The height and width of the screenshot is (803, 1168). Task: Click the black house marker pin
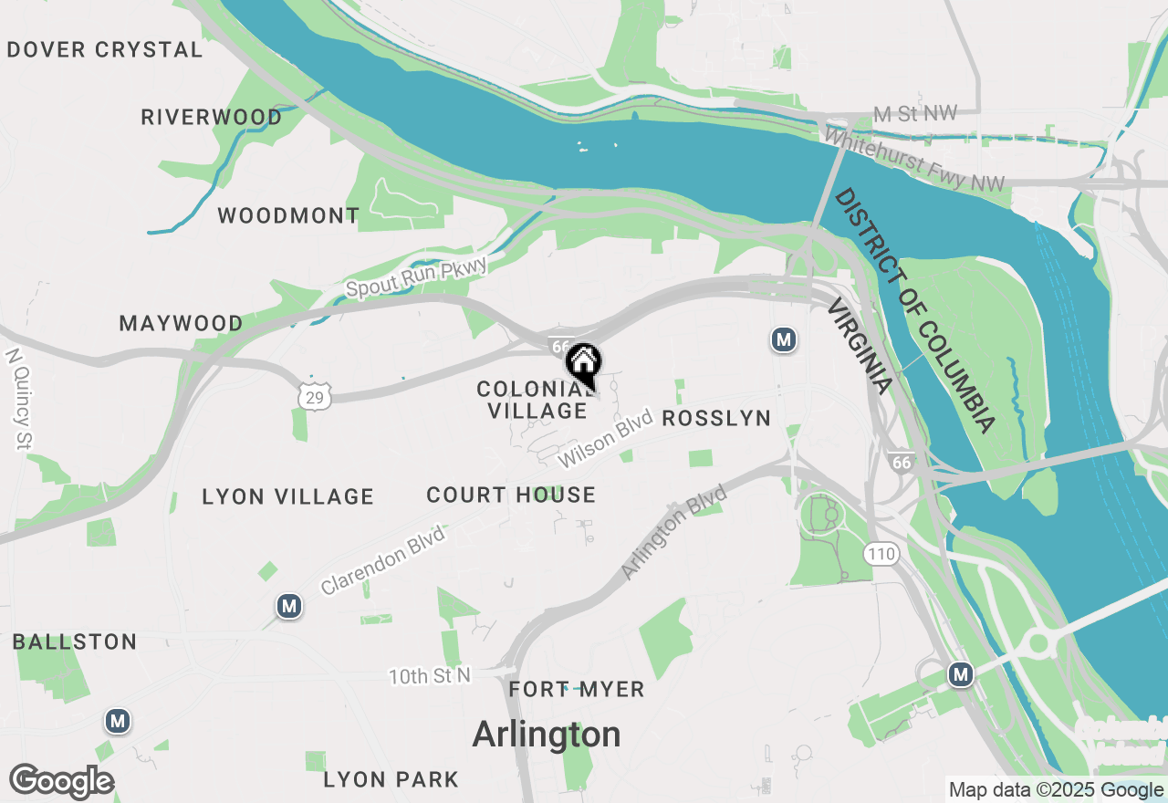point(583,363)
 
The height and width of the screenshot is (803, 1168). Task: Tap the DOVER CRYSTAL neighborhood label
point(104,49)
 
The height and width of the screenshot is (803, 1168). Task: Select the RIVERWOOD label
point(212,117)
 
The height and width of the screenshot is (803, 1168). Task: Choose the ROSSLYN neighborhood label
point(715,418)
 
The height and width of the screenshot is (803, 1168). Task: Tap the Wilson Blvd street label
point(606,439)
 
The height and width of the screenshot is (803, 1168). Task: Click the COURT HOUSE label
point(511,495)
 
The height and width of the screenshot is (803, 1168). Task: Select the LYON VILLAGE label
point(287,496)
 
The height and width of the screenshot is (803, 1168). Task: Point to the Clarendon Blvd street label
point(383,560)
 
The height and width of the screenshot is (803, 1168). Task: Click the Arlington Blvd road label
point(674,532)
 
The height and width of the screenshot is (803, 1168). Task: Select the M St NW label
point(915,113)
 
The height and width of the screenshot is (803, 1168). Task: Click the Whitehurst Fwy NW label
point(914,160)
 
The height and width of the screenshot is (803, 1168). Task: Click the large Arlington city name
point(547,734)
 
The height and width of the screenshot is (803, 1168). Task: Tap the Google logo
point(62,781)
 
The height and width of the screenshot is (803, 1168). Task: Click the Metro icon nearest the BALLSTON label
point(117,721)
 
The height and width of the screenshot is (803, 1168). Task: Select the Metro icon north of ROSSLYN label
point(783,339)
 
